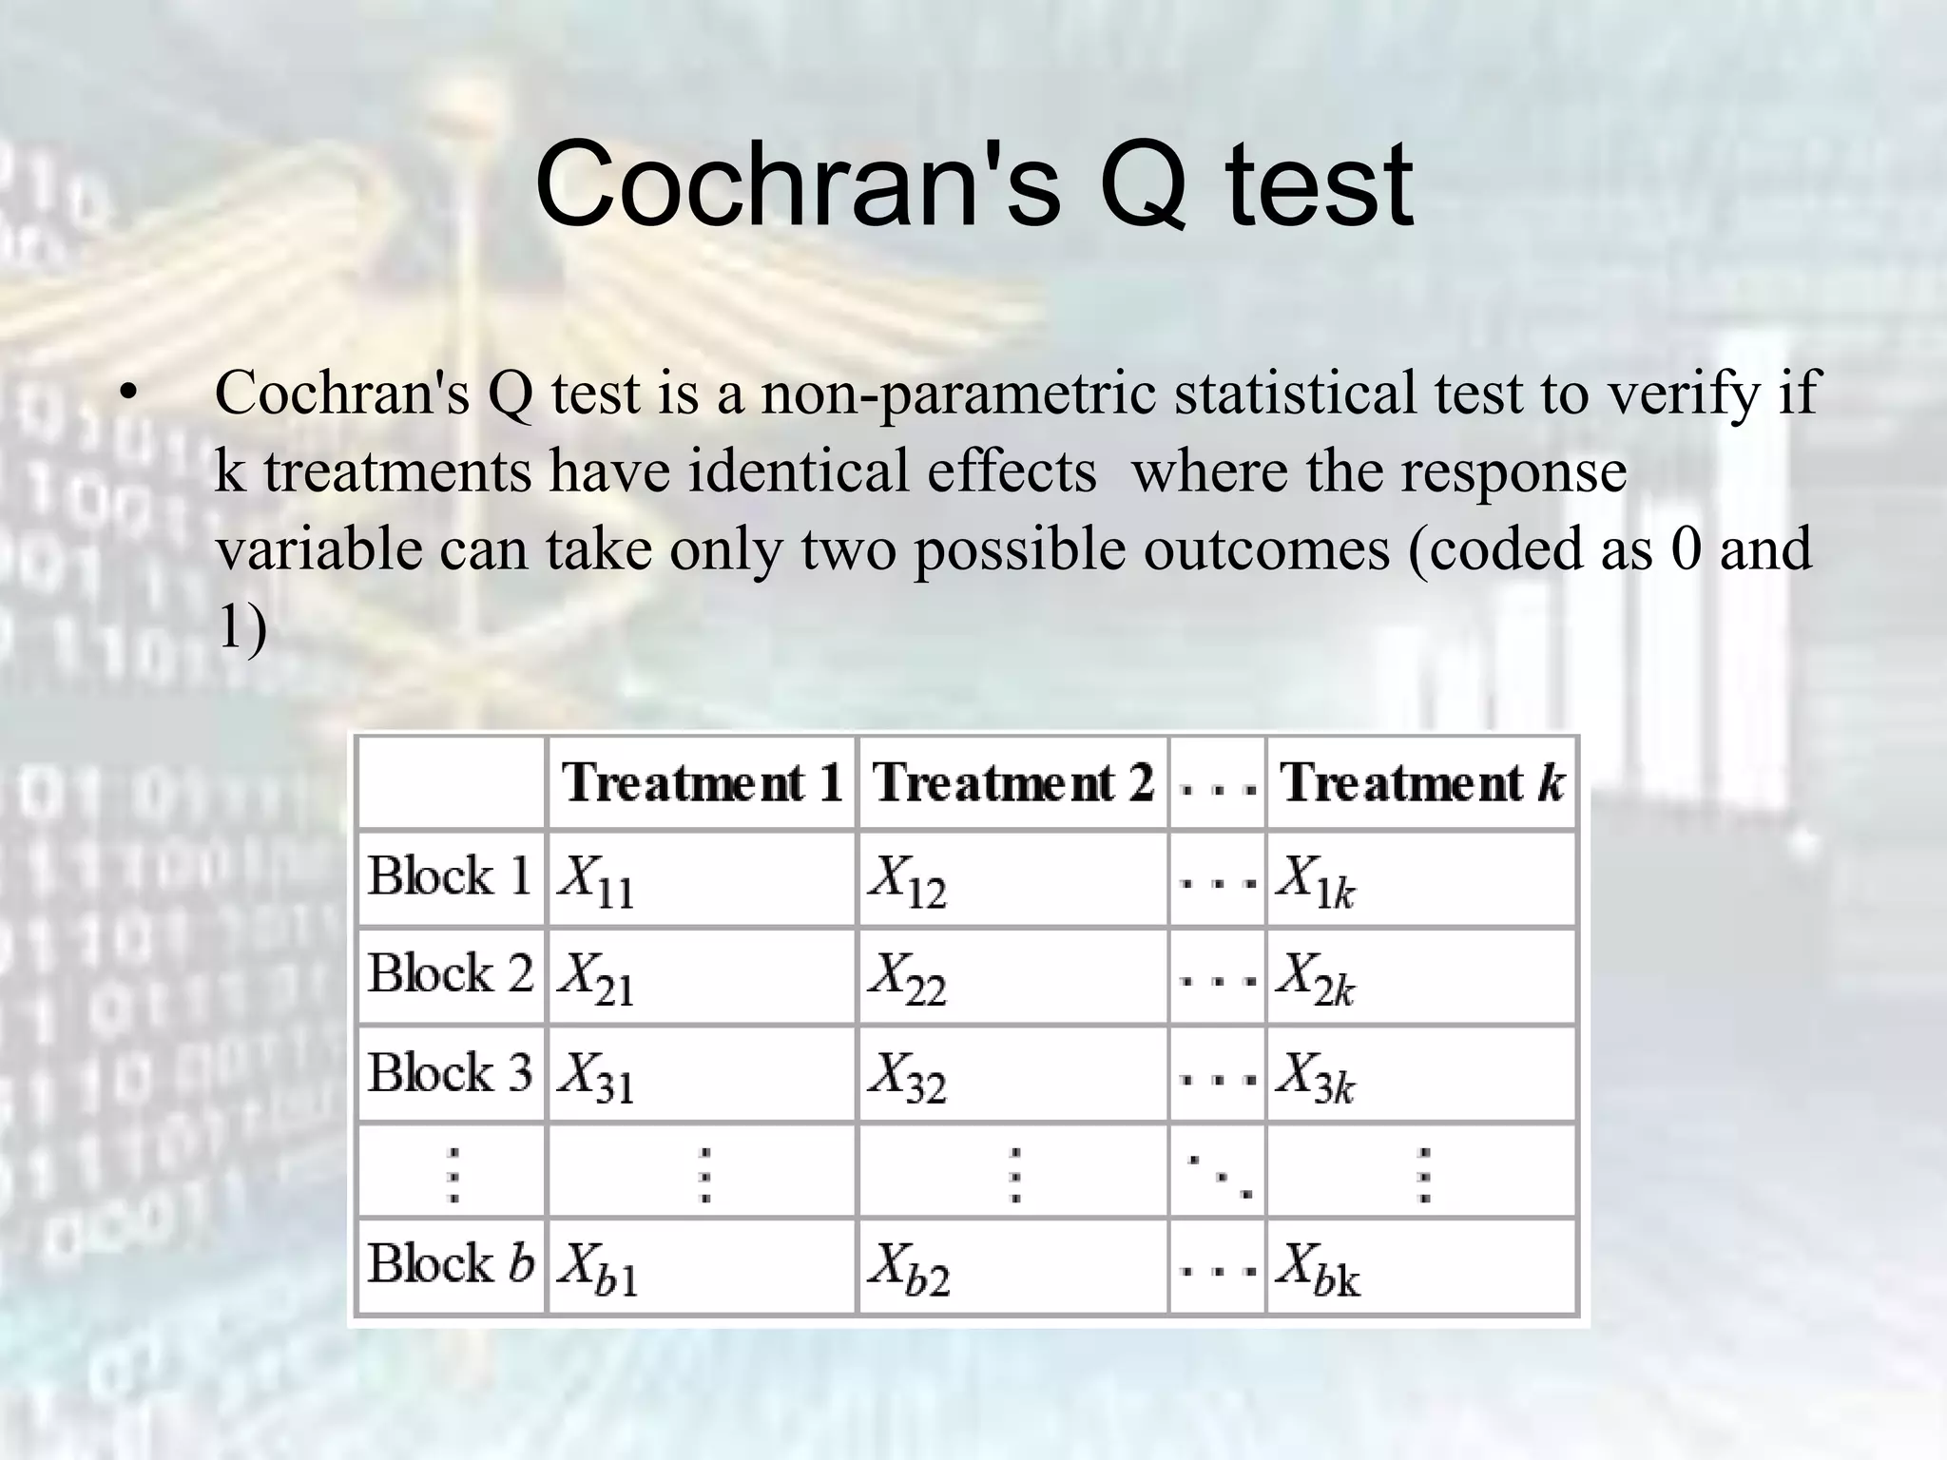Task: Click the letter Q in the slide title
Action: coord(1143,185)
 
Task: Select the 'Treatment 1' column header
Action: coord(702,783)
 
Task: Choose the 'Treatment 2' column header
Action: coord(1012,783)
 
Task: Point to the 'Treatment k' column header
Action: coord(1421,783)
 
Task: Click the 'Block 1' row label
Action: coord(449,876)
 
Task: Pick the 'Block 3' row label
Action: coord(449,1073)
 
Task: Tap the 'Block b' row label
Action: coord(451,1264)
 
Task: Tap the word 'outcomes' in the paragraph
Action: coord(1266,549)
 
